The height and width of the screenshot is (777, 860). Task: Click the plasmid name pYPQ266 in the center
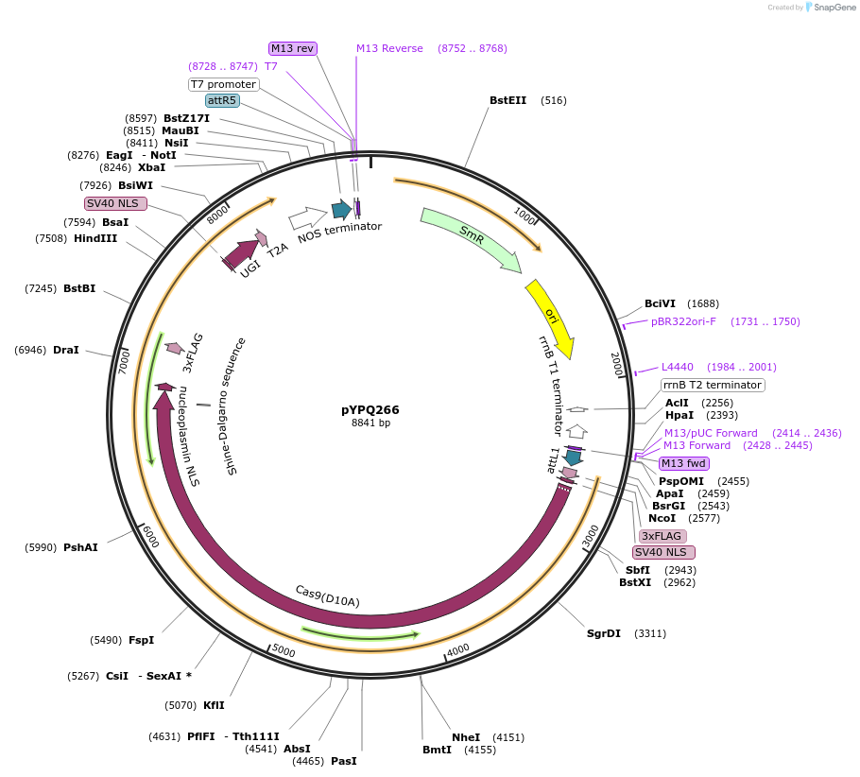[370, 409]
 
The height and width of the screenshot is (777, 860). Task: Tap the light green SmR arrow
[471, 239]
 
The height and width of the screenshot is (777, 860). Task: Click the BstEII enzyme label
[507, 100]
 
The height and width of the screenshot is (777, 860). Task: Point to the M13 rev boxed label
[292, 48]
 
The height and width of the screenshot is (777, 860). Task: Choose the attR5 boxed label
[222, 100]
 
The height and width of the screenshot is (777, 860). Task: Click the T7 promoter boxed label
[223, 84]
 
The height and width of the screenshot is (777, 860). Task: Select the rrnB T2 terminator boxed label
[712, 385]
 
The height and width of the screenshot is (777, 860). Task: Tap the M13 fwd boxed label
[683, 463]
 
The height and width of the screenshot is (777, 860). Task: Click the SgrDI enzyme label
[604, 633]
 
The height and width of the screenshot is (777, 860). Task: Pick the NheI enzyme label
[466, 737]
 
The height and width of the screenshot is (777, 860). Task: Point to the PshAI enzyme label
[80, 547]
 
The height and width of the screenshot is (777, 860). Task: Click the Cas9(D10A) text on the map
[327, 596]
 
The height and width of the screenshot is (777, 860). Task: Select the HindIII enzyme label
[95, 238]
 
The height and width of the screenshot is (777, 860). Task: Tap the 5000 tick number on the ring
[284, 651]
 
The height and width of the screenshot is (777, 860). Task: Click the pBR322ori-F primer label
[683, 321]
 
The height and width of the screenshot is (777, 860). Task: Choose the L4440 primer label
[677, 367]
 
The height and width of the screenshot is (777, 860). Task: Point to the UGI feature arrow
[240, 252]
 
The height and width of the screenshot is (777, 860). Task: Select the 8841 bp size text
[370, 423]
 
